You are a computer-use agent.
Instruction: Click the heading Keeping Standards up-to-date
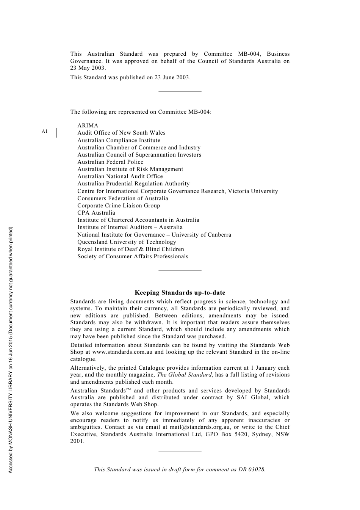click(x=180, y=293)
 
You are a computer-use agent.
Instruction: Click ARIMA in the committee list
click(x=88, y=126)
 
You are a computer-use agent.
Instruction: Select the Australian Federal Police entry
click(x=110, y=162)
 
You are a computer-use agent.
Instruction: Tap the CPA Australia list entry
click(x=96, y=213)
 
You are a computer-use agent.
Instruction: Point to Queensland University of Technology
click(x=127, y=242)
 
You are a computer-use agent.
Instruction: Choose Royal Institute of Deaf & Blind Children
click(x=131, y=249)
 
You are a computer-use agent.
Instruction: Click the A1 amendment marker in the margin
click(x=45, y=131)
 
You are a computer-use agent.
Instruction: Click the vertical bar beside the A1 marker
click(x=56, y=133)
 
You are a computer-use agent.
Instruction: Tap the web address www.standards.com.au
click(x=122, y=352)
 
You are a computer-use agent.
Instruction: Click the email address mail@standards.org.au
click(x=200, y=427)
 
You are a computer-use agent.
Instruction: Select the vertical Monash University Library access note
click(x=11, y=350)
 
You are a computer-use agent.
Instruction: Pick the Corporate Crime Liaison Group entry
click(x=119, y=206)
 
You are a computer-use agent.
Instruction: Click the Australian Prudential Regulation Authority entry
click(x=133, y=184)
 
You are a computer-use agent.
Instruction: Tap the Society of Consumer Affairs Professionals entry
click(x=133, y=256)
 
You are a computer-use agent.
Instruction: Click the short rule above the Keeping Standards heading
click(x=180, y=270)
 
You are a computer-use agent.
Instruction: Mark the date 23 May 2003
click(x=88, y=68)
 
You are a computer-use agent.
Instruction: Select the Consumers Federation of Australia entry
click(x=123, y=198)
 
